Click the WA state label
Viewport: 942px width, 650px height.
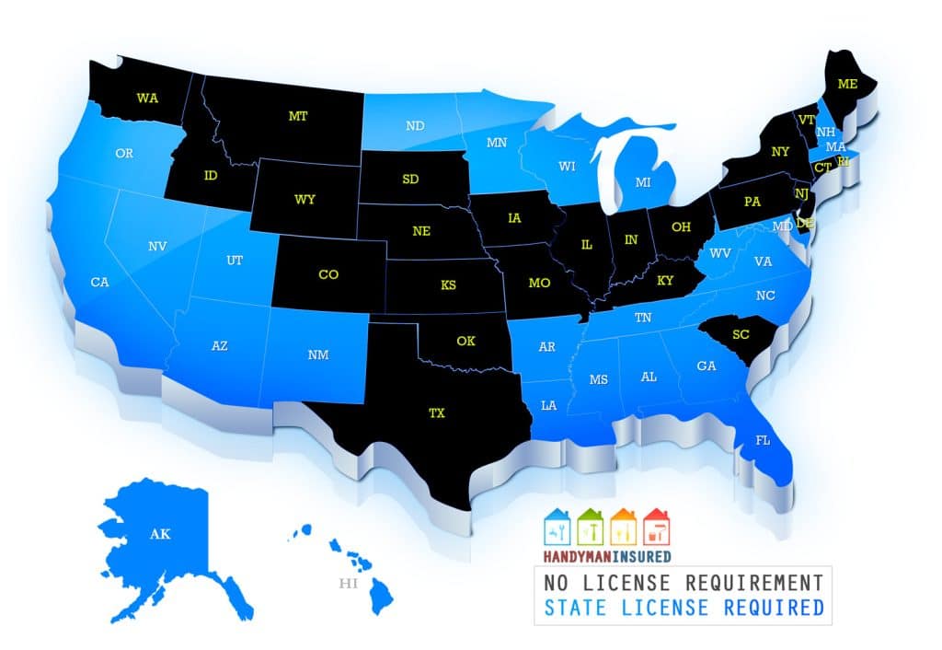146,98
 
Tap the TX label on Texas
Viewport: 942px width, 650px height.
436,413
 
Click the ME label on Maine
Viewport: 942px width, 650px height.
846,84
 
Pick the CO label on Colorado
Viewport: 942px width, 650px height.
327,274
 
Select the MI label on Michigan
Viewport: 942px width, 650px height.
645,183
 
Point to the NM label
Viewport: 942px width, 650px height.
319,354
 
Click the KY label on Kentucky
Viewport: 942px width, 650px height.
665,281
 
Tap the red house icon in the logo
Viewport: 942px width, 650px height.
657,527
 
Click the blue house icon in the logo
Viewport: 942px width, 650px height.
557,527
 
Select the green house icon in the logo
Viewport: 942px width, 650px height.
591,527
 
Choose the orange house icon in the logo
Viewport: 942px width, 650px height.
624,527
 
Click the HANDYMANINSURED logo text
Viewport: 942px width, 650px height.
607,556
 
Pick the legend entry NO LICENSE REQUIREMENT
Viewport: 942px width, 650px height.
683,583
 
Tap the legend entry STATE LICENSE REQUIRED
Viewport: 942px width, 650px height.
683,608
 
